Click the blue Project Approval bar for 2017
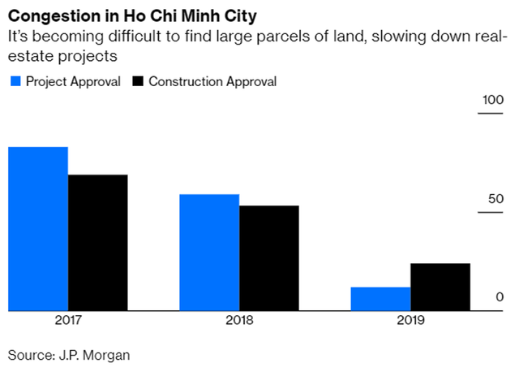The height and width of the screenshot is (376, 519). (x=38, y=228)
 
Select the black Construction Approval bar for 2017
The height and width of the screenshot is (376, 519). (x=98, y=242)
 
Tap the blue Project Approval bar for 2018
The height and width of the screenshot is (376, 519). (x=209, y=252)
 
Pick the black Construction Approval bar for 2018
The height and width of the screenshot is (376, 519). (x=269, y=257)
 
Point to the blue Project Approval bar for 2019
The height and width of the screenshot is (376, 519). (x=380, y=298)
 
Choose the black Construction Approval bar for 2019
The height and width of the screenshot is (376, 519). (x=440, y=287)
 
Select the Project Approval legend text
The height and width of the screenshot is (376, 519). (x=73, y=81)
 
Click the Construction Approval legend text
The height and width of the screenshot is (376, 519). (x=212, y=81)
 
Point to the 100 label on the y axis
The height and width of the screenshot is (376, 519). (x=493, y=100)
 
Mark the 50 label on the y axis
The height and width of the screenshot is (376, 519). (x=495, y=199)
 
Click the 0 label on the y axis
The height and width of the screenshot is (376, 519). (x=500, y=297)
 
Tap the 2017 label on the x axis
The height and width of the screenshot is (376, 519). (x=68, y=320)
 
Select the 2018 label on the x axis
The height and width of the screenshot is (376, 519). (x=239, y=320)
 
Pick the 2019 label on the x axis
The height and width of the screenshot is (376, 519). (x=410, y=320)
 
